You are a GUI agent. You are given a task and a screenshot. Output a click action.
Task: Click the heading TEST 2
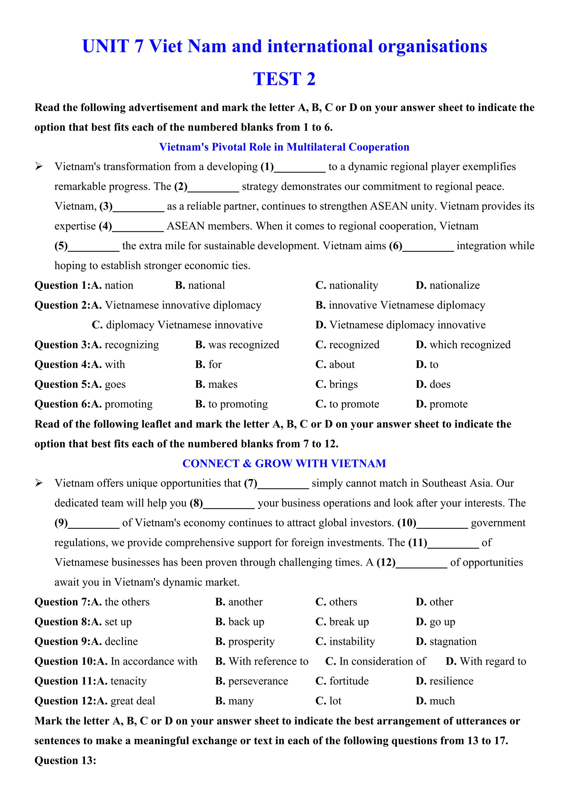284,79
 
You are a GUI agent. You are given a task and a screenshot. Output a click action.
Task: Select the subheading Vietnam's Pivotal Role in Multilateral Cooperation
284,147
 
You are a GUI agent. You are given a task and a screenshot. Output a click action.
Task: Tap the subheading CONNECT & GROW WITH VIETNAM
284,463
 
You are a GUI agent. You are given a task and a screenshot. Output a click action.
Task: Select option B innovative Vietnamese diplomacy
400,305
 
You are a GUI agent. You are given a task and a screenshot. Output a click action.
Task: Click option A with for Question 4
109,365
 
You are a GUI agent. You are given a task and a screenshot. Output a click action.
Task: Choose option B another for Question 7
239,602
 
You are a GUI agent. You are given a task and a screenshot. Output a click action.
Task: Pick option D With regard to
486,661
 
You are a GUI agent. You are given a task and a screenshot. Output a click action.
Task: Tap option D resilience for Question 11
444,681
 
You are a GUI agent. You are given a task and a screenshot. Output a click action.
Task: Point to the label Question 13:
65,761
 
